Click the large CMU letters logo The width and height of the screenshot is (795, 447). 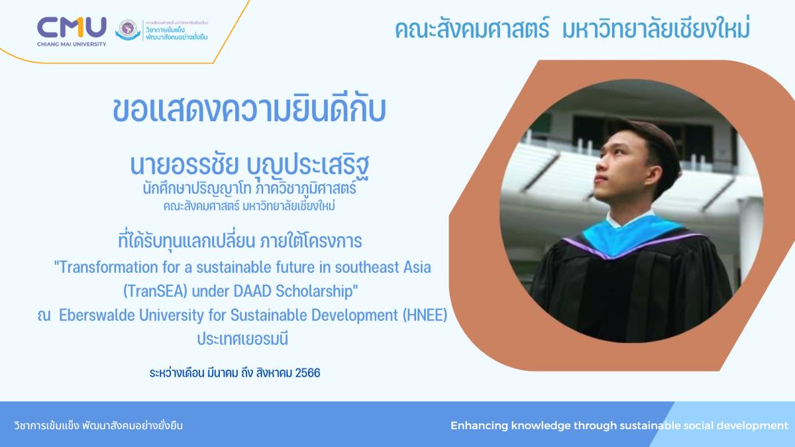72,27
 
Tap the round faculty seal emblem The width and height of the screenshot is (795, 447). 128,29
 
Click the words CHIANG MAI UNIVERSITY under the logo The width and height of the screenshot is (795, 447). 72,44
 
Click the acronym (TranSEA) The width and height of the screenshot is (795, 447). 155,291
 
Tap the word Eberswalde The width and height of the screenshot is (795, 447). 97,315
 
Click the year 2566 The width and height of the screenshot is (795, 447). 307,373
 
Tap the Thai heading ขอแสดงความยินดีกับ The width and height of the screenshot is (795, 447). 249,110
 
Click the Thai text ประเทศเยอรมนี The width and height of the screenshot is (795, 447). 242,339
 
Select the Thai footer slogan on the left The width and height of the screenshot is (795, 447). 98,425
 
